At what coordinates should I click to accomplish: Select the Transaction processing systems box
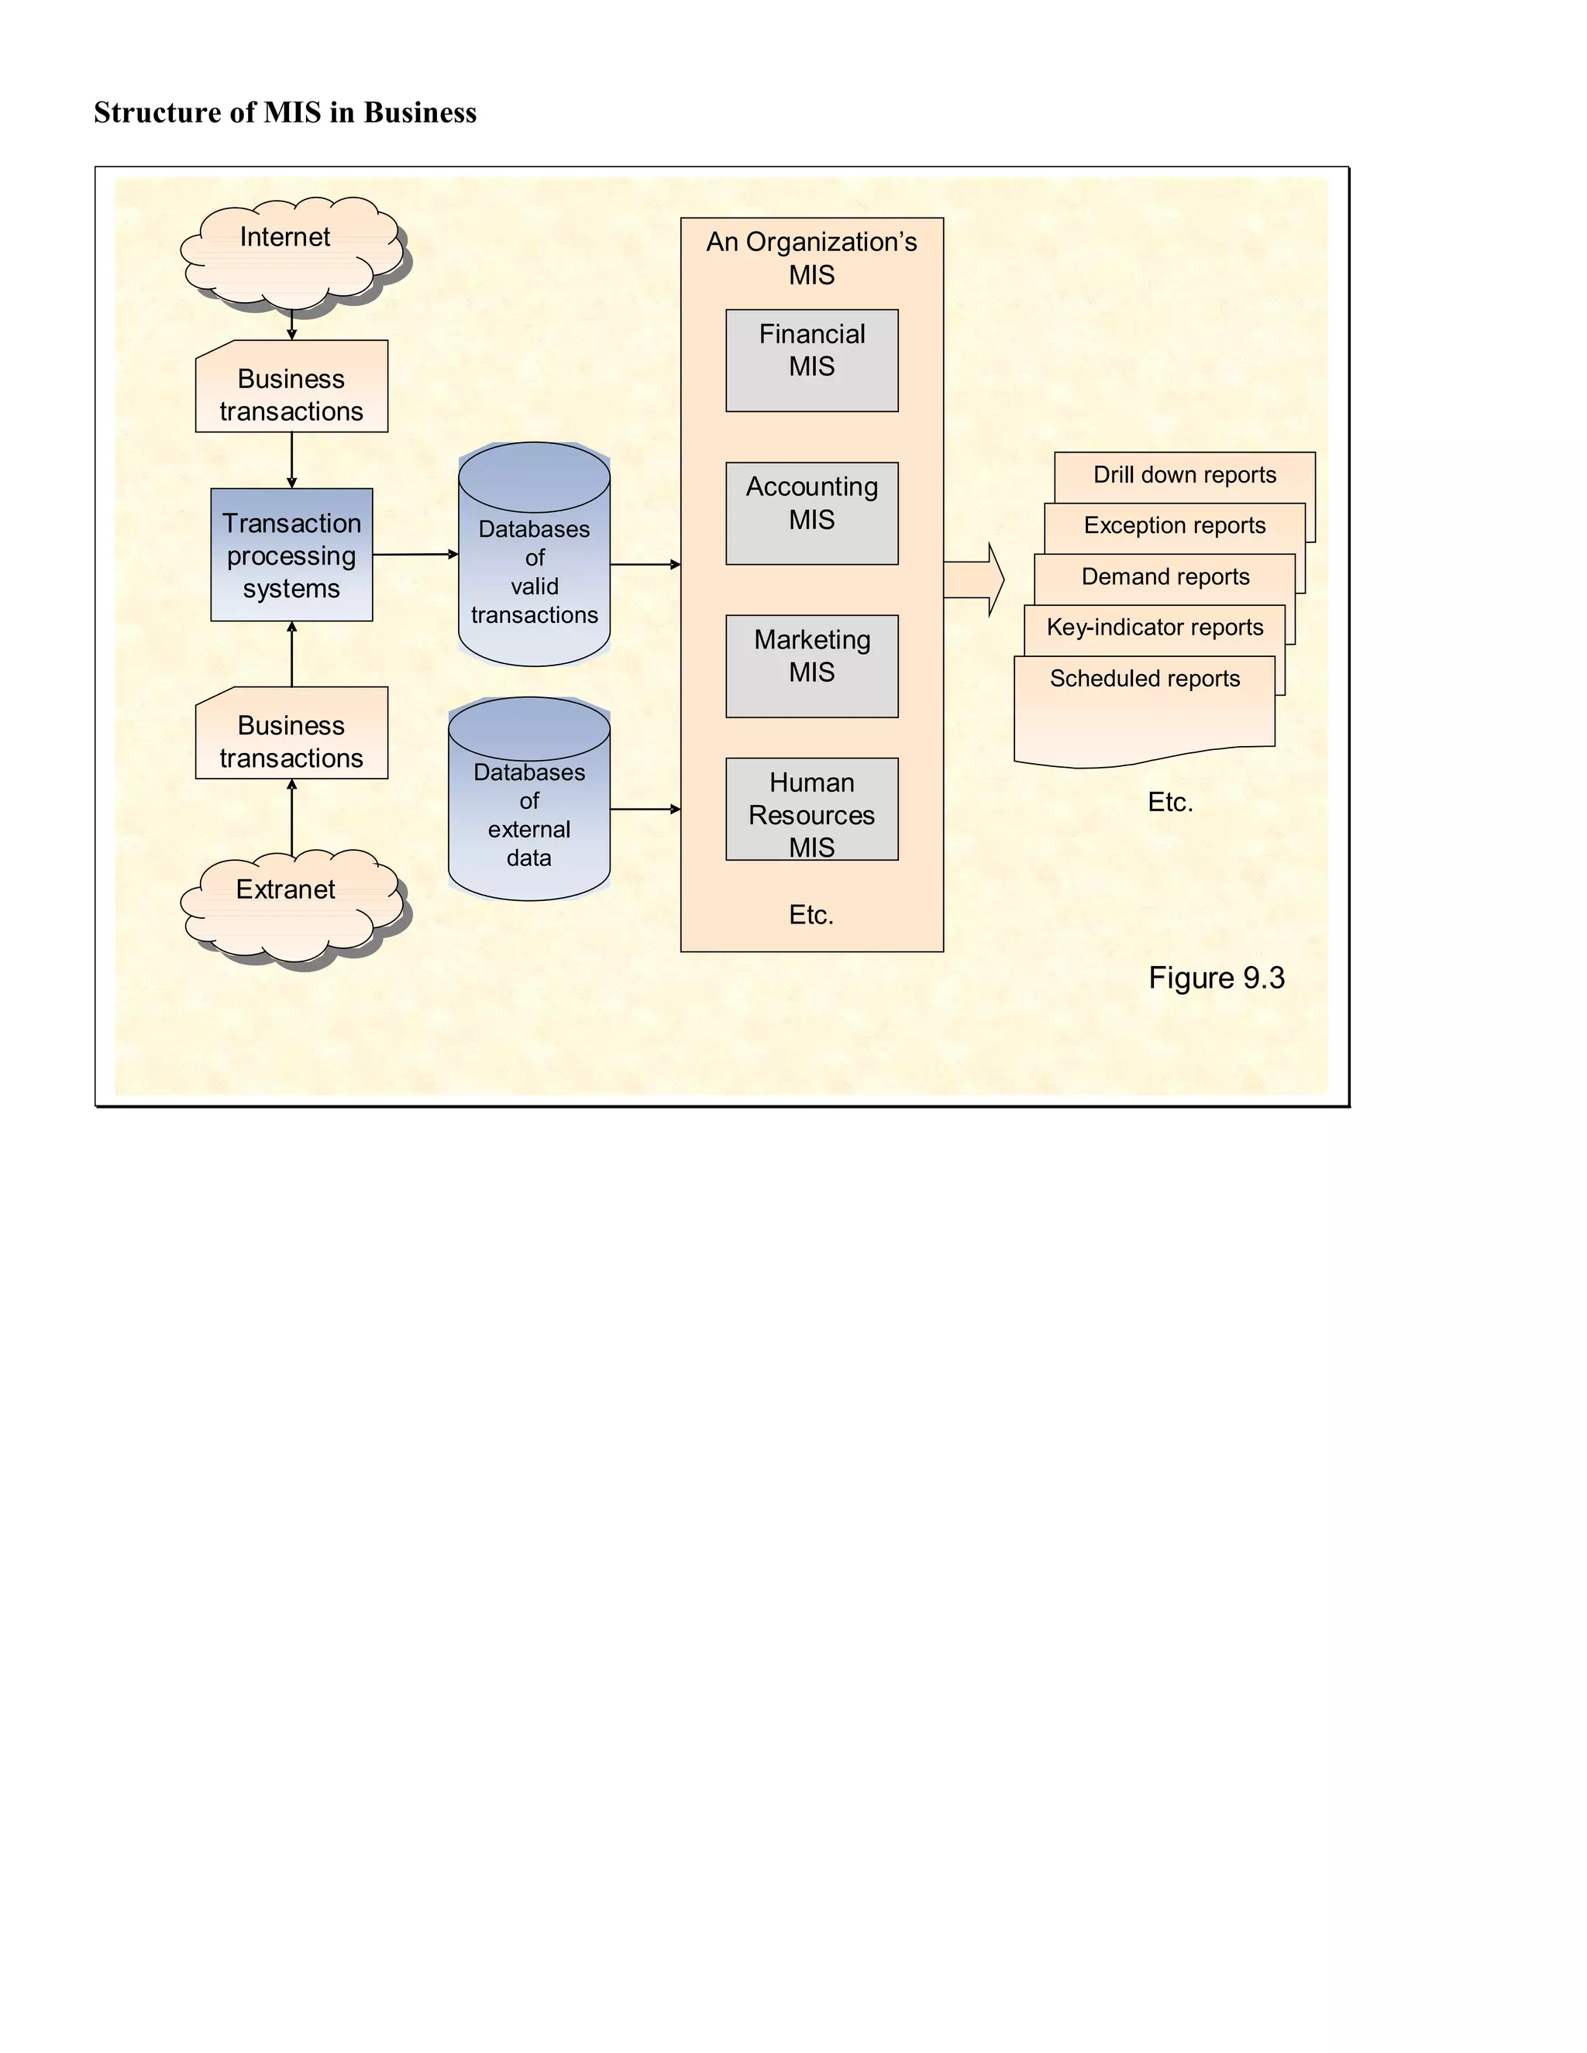[291, 555]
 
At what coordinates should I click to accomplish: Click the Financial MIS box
[811, 360]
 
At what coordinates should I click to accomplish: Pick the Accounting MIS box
[811, 513]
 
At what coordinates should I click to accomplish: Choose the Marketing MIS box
[811, 665]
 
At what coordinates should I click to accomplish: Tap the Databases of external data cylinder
[529, 808]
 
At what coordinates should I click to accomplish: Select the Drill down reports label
[1185, 475]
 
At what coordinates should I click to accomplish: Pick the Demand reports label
[1165, 576]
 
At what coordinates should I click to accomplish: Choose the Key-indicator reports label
[1155, 627]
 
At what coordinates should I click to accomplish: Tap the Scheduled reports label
[1145, 679]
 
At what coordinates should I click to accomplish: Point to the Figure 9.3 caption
[1216, 978]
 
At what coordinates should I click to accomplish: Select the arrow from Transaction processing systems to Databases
[415, 555]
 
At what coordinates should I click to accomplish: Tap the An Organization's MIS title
[811, 257]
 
